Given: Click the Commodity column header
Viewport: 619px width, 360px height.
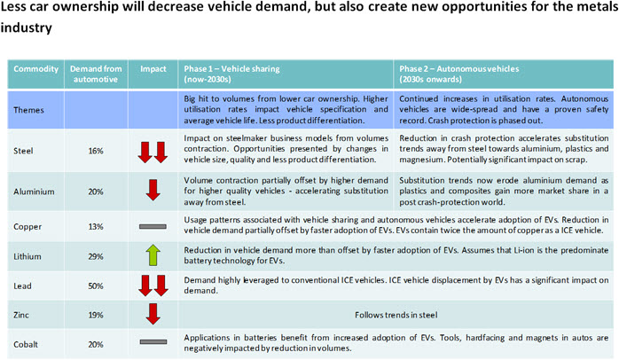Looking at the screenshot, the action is point(36,68).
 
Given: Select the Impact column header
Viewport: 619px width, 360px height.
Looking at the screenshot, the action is point(153,68).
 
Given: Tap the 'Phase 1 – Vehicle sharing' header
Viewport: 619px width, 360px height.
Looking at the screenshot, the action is point(231,74).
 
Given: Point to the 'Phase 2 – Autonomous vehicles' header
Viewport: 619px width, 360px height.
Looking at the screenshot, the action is point(459,74).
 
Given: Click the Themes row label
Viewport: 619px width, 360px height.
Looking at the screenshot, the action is point(28,110).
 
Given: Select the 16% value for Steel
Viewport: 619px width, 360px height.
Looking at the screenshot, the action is point(96,151).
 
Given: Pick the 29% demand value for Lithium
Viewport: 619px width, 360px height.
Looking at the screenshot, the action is point(96,256).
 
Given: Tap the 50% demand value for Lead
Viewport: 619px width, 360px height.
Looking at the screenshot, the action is point(96,286).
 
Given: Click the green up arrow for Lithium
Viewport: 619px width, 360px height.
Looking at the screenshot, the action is point(153,255).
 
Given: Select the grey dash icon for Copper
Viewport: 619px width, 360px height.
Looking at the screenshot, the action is point(153,227).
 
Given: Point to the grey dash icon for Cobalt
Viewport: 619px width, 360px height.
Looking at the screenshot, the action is point(153,342).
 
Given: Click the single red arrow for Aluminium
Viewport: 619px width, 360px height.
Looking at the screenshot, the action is point(153,190).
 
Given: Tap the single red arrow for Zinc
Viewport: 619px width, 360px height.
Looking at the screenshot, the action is point(153,314).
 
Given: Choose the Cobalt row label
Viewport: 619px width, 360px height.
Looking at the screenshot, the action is point(26,344).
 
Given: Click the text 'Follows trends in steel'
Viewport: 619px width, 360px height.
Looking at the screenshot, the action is point(396,315).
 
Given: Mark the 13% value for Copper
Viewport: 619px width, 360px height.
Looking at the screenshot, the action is point(96,227).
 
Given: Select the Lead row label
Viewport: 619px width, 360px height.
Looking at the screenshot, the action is point(22,286).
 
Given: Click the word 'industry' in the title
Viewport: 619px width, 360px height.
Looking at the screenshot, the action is point(26,27).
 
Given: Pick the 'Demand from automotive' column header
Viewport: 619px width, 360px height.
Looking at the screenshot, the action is point(96,74).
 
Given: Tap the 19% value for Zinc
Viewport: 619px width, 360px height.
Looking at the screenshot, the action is point(96,315).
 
